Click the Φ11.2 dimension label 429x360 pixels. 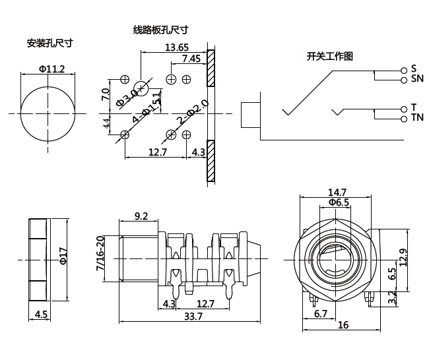[51, 69]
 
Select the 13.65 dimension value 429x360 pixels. [177, 47]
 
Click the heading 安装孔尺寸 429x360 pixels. [49, 43]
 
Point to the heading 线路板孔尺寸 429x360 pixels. [161, 30]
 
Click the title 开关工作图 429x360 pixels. [330, 56]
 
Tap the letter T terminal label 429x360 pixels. [414, 107]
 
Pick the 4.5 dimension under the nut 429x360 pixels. [40, 314]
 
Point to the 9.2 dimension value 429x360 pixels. [141, 215]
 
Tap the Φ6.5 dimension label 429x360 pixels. [337, 202]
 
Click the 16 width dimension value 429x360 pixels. [343, 325]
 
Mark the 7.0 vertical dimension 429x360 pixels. [105, 94]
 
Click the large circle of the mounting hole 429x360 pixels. [49, 113]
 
